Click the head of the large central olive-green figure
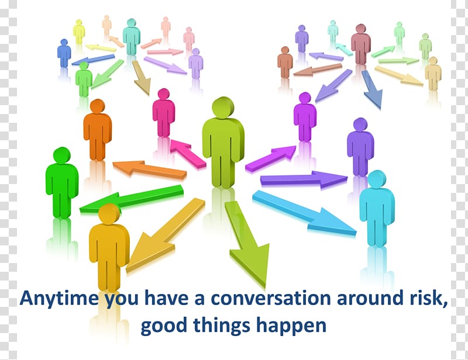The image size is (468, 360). (x=223, y=108)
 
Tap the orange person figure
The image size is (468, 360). (x=97, y=130)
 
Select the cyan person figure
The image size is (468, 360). (x=377, y=208)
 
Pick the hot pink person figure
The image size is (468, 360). (x=164, y=113)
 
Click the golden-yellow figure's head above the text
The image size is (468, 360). (x=109, y=213)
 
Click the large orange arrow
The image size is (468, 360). (x=149, y=169)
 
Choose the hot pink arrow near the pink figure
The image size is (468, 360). (x=188, y=152)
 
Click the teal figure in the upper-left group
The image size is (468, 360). (x=131, y=37)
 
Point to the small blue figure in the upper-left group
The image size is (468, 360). (x=64, y=53)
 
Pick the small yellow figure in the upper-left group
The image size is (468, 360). (x=79, y=32)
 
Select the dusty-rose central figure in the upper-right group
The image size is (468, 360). (x=360, y=44)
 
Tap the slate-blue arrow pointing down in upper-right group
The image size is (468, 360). (x=371, y=89)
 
